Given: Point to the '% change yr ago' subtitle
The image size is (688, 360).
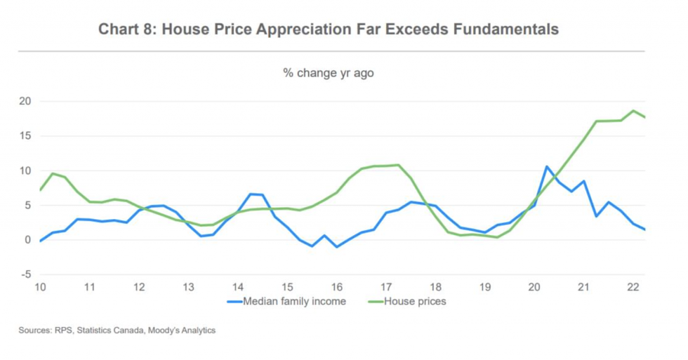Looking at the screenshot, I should [329, 73].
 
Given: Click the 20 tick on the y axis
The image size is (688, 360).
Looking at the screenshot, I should [26, 101].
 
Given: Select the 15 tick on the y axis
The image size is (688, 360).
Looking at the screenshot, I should [26, 135].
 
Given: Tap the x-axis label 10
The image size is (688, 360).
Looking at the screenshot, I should [41, 287].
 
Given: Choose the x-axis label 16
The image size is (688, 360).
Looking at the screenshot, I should [337, 287].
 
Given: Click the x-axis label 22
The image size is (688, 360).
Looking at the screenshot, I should [633, 287].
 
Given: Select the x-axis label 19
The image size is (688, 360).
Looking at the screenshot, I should [484, 287].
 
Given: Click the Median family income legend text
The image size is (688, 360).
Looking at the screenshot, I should [294, 302].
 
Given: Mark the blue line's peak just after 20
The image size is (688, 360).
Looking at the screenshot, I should [547, 167].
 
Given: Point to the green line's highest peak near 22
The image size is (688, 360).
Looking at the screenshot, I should [633, 111].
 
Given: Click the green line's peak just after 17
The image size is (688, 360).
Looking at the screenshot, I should [398, 165].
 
